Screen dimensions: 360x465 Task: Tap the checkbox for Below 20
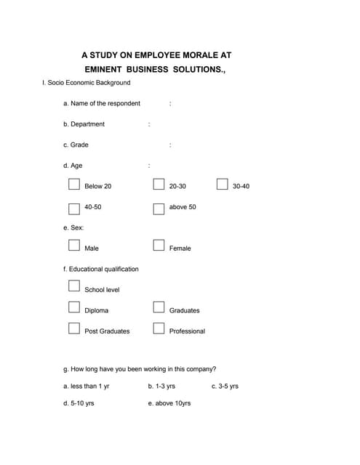(x=73, y=185)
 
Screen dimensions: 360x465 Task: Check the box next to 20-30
(x=159, y=185)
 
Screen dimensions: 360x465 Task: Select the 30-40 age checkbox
(x=223, y=185)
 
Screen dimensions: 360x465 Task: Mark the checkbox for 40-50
(x=74, y=209)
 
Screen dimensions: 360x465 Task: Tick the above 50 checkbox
(x=159, y=209)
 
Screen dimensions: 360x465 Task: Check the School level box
(x=73, y=287)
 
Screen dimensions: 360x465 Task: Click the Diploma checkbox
(x=73, y=307)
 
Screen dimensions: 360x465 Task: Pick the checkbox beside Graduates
(x=159, y=307)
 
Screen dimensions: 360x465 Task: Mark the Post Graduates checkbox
(x=73, y=328)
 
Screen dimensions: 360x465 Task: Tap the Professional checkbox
(x=159, y=328)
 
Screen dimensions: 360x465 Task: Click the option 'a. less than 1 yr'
(x=87, y=386)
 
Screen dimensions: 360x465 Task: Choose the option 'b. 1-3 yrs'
(x=161, y=386)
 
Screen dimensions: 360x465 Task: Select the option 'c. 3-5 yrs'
(x=225, y=386)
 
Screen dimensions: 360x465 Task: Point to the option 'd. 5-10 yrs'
(x=79, y=403)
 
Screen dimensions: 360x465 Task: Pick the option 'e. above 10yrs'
(x=169, y=403)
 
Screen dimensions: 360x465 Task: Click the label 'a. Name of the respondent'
(x=102, y=103)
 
